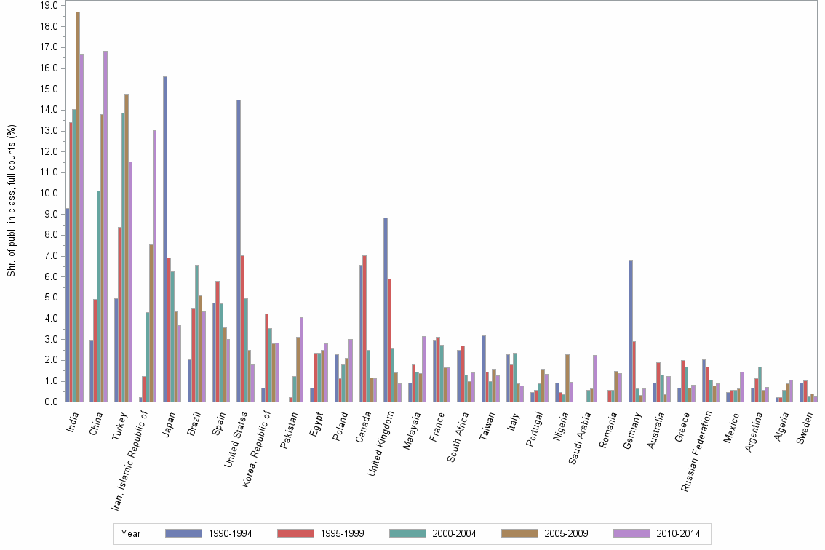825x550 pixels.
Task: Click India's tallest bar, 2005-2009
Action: (78, 207)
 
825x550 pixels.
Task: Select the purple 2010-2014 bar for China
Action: (105, 226)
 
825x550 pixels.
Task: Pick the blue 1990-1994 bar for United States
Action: (239, 250)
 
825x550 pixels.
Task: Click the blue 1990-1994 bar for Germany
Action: (631, 331)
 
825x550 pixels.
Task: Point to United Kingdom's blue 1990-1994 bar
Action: (386, 309)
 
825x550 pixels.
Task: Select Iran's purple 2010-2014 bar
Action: (154, 266)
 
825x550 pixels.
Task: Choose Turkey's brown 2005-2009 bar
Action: (127, 247)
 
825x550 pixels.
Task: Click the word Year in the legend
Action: (132, 533)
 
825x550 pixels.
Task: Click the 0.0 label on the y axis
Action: (52, 402)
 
